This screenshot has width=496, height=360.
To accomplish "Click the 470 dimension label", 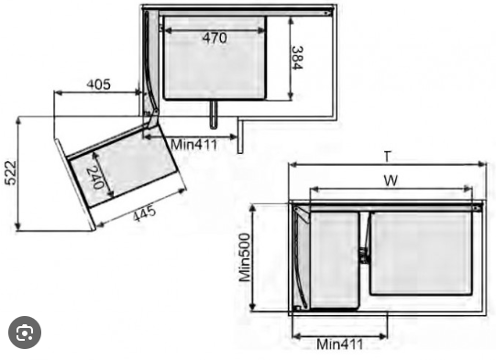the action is [x=215, y=38].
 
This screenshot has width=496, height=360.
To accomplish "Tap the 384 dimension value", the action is [x=297, y=58].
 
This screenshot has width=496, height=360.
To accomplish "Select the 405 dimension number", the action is [x=99, y=84].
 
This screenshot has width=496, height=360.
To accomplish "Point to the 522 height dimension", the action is [x=10, y=172].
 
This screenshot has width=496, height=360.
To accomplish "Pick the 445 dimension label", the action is [x=144, y=214].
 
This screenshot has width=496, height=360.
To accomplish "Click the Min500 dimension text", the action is [x=245, y=257].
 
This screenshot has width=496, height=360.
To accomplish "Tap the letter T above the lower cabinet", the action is [x=388, y=157].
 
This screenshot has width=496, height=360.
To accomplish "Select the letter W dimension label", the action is [x=391, y=180].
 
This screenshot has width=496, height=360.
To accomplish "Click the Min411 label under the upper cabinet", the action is [x=194, y=145].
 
